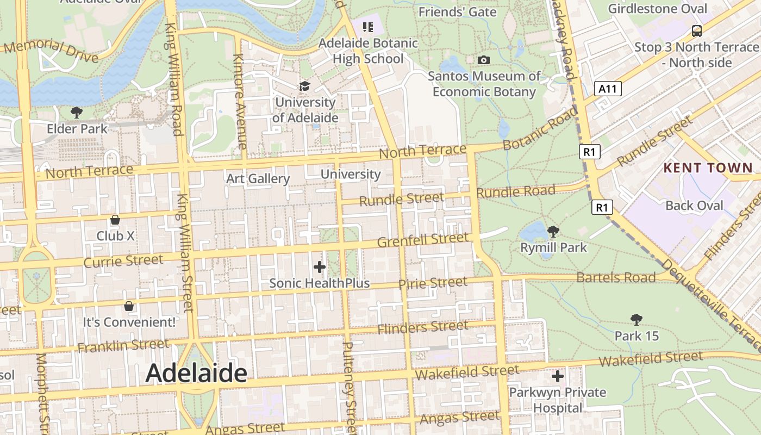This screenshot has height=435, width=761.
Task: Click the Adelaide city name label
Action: tap(196, 373)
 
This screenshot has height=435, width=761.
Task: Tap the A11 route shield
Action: tap(607, 89)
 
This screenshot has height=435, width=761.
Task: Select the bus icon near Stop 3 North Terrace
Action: tap(696, 30)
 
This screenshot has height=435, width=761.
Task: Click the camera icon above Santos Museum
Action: tap(483, 60)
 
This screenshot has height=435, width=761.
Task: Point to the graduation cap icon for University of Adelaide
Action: tap(304, 86)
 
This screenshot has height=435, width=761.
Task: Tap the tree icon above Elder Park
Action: tap(77, 113)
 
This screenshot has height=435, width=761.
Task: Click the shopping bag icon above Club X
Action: tap(115, 220)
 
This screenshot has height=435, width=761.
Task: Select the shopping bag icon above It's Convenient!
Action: tap(129, 306)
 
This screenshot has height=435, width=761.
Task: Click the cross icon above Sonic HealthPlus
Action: tap(320, 267)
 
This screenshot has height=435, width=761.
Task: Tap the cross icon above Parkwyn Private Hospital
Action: tap(557, 376)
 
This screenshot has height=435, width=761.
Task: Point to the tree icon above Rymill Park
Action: tap(553, 232)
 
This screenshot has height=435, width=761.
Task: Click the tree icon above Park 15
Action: tap(636, 320)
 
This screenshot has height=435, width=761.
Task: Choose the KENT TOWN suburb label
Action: tap(708, 167)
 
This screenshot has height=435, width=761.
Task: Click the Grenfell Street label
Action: tap(422, 240)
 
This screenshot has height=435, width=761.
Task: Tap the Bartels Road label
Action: tap(616, 277)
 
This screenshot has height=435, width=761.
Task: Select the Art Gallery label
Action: tap(258, 178)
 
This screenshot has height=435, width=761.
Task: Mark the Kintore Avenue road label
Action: tap(240, 101)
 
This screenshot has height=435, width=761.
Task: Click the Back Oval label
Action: tap(694, 206)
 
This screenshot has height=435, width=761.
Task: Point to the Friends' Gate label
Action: tap(457, 12)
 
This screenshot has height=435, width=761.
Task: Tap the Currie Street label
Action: tap(123, 261)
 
